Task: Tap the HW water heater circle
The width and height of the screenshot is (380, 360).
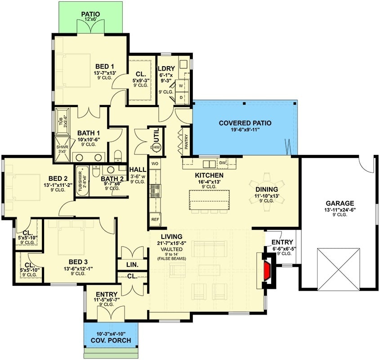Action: pos(156,147)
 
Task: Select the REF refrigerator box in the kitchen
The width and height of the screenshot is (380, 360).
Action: pos(155,220)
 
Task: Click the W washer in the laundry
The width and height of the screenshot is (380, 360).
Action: pos(182,85)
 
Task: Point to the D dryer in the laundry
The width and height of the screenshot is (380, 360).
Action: pos(182,97)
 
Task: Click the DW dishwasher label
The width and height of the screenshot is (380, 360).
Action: pos(223,162)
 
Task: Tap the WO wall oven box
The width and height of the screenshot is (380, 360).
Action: pos(155,163)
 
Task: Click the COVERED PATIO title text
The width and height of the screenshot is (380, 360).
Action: pos(245,123)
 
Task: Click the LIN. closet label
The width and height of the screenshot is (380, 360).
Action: pos(132,264)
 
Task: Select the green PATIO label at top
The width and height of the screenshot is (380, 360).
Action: pos(90,14)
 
